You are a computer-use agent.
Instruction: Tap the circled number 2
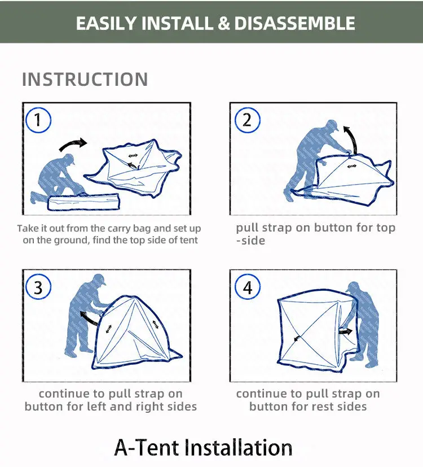point(247,120)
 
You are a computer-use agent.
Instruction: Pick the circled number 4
point(247,287)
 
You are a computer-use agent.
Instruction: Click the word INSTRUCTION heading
point(85,79)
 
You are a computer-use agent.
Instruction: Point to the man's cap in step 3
point(99,280)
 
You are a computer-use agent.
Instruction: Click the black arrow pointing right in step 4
point(345,331)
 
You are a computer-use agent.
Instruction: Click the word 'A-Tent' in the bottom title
point(148,447)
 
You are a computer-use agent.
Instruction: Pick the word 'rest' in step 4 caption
point(319,407)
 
